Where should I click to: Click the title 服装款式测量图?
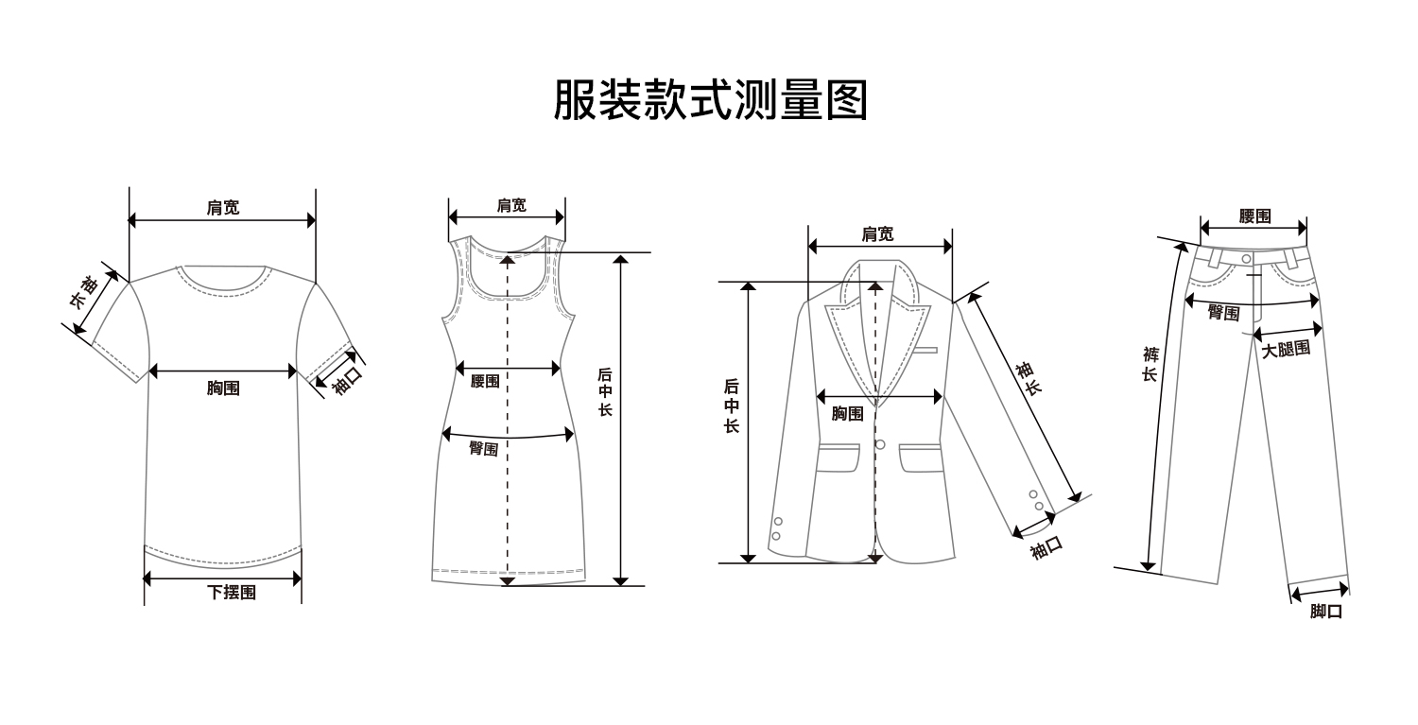pyautogui.click(x=709, y=99)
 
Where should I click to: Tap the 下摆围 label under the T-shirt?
pyautogui.click(x=232, y=593)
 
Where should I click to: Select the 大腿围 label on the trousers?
pyautogui.click(x=1287, y=349)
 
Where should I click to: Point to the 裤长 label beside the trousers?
pyautogui.click(x=1150, y=364)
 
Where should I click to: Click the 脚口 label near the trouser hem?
pyautogui.click(x=1326, y=611)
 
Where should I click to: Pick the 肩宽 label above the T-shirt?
pyautogui.click(x=223, y=208)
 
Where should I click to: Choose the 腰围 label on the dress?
pyautogui.click(x=485, y=381)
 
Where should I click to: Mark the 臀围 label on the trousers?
pyautogui.click(x=1223, y=313)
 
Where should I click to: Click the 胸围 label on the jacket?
pyautogui.click(x=847, y=413)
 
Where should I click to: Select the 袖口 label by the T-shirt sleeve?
pyautogui.click(x=347, y=380)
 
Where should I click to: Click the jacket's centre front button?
pyautogui.click(x=880, y=444)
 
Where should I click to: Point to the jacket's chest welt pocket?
pyautogui.click(x=925, y=351)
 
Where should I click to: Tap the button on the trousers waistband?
pyautogui.click(x=1247, y=258)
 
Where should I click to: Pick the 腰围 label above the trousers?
pyautogui.click(x=1254, y=216)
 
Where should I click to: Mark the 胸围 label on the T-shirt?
pyautogui.click(x=223, y=388)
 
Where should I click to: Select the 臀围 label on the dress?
pyautogui.click(x=484, y=449)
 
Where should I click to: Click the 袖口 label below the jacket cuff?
pyautogui.click(x=1046, y=546)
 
